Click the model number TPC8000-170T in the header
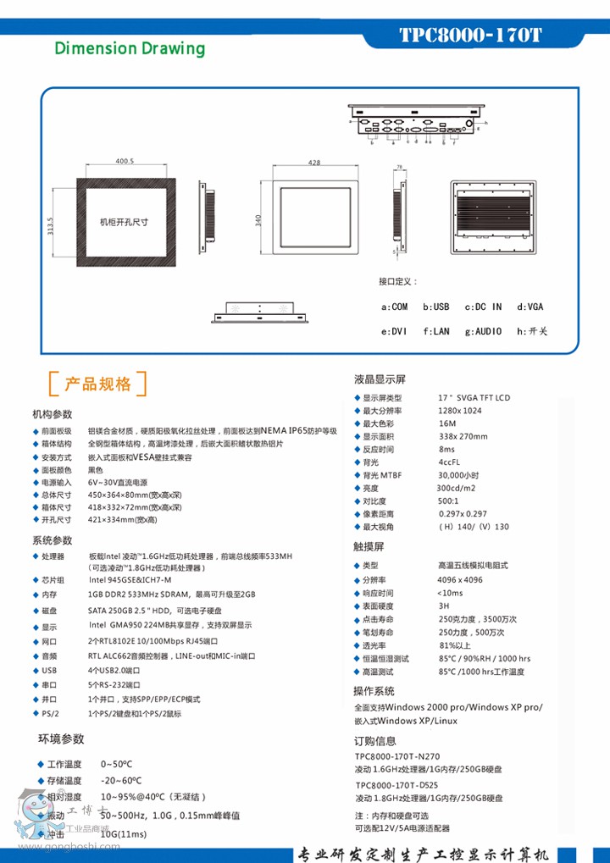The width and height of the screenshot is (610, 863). tap(469, 36)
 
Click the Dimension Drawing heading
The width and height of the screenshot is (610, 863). tap(130, 48)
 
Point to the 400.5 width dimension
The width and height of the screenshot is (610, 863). tap(125, 161)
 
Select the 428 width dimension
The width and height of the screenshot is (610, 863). tap(314, 162)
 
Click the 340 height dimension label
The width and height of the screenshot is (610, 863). tap(258, 219)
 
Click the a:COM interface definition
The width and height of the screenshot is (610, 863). tap(395, 307)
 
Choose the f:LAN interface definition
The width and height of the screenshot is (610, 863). tap(436, 331)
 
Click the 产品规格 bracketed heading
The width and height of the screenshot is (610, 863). tap(98, 384)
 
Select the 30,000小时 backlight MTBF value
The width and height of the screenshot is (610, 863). tap(458, 475)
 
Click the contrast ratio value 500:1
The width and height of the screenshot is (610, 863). tap(448, 501)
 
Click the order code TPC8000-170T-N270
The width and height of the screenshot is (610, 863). tap(397, 756)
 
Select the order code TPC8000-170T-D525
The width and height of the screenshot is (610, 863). tap(397, 785)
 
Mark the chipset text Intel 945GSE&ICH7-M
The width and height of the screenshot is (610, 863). tap(130, 580)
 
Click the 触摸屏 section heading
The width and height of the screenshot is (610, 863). tap(369, 547)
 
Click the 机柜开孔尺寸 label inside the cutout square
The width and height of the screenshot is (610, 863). tap(125, 222)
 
